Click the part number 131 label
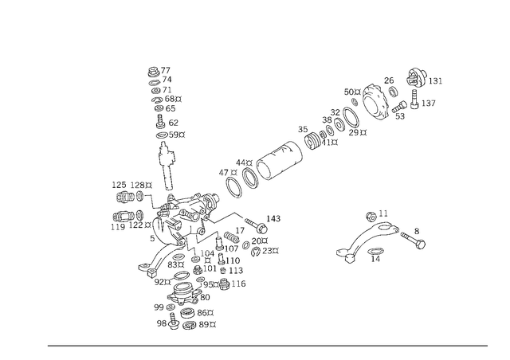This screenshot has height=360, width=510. click(x=436, y=81)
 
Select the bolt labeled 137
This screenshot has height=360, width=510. click(x=414, y=100)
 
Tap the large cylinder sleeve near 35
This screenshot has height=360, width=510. click(x=280, y=161)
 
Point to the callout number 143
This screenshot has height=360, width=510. click(x=273, y=218)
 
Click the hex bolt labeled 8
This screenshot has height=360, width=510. click(x=414, y=240)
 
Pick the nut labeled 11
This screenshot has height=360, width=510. click(x=371, y=217)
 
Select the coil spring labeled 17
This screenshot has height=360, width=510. click(x=232, y=237)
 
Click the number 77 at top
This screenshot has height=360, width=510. click(x=165, y=70)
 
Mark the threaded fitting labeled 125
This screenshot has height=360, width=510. click(x=125, y=197)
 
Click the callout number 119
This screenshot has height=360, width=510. click(x=118, y=227)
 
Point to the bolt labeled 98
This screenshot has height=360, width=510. click(x=173, y=320)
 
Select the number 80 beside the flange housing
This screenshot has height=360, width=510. click(x=205, y=297)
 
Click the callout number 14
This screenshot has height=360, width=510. click(x=375, y=259)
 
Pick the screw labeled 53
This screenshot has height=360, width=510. click(x=399, y=107)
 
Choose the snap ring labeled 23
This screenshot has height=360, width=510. click(x=256, y=252)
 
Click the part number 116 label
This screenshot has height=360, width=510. click(x=238, y=284)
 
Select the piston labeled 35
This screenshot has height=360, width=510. click(x=312, y=141)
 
